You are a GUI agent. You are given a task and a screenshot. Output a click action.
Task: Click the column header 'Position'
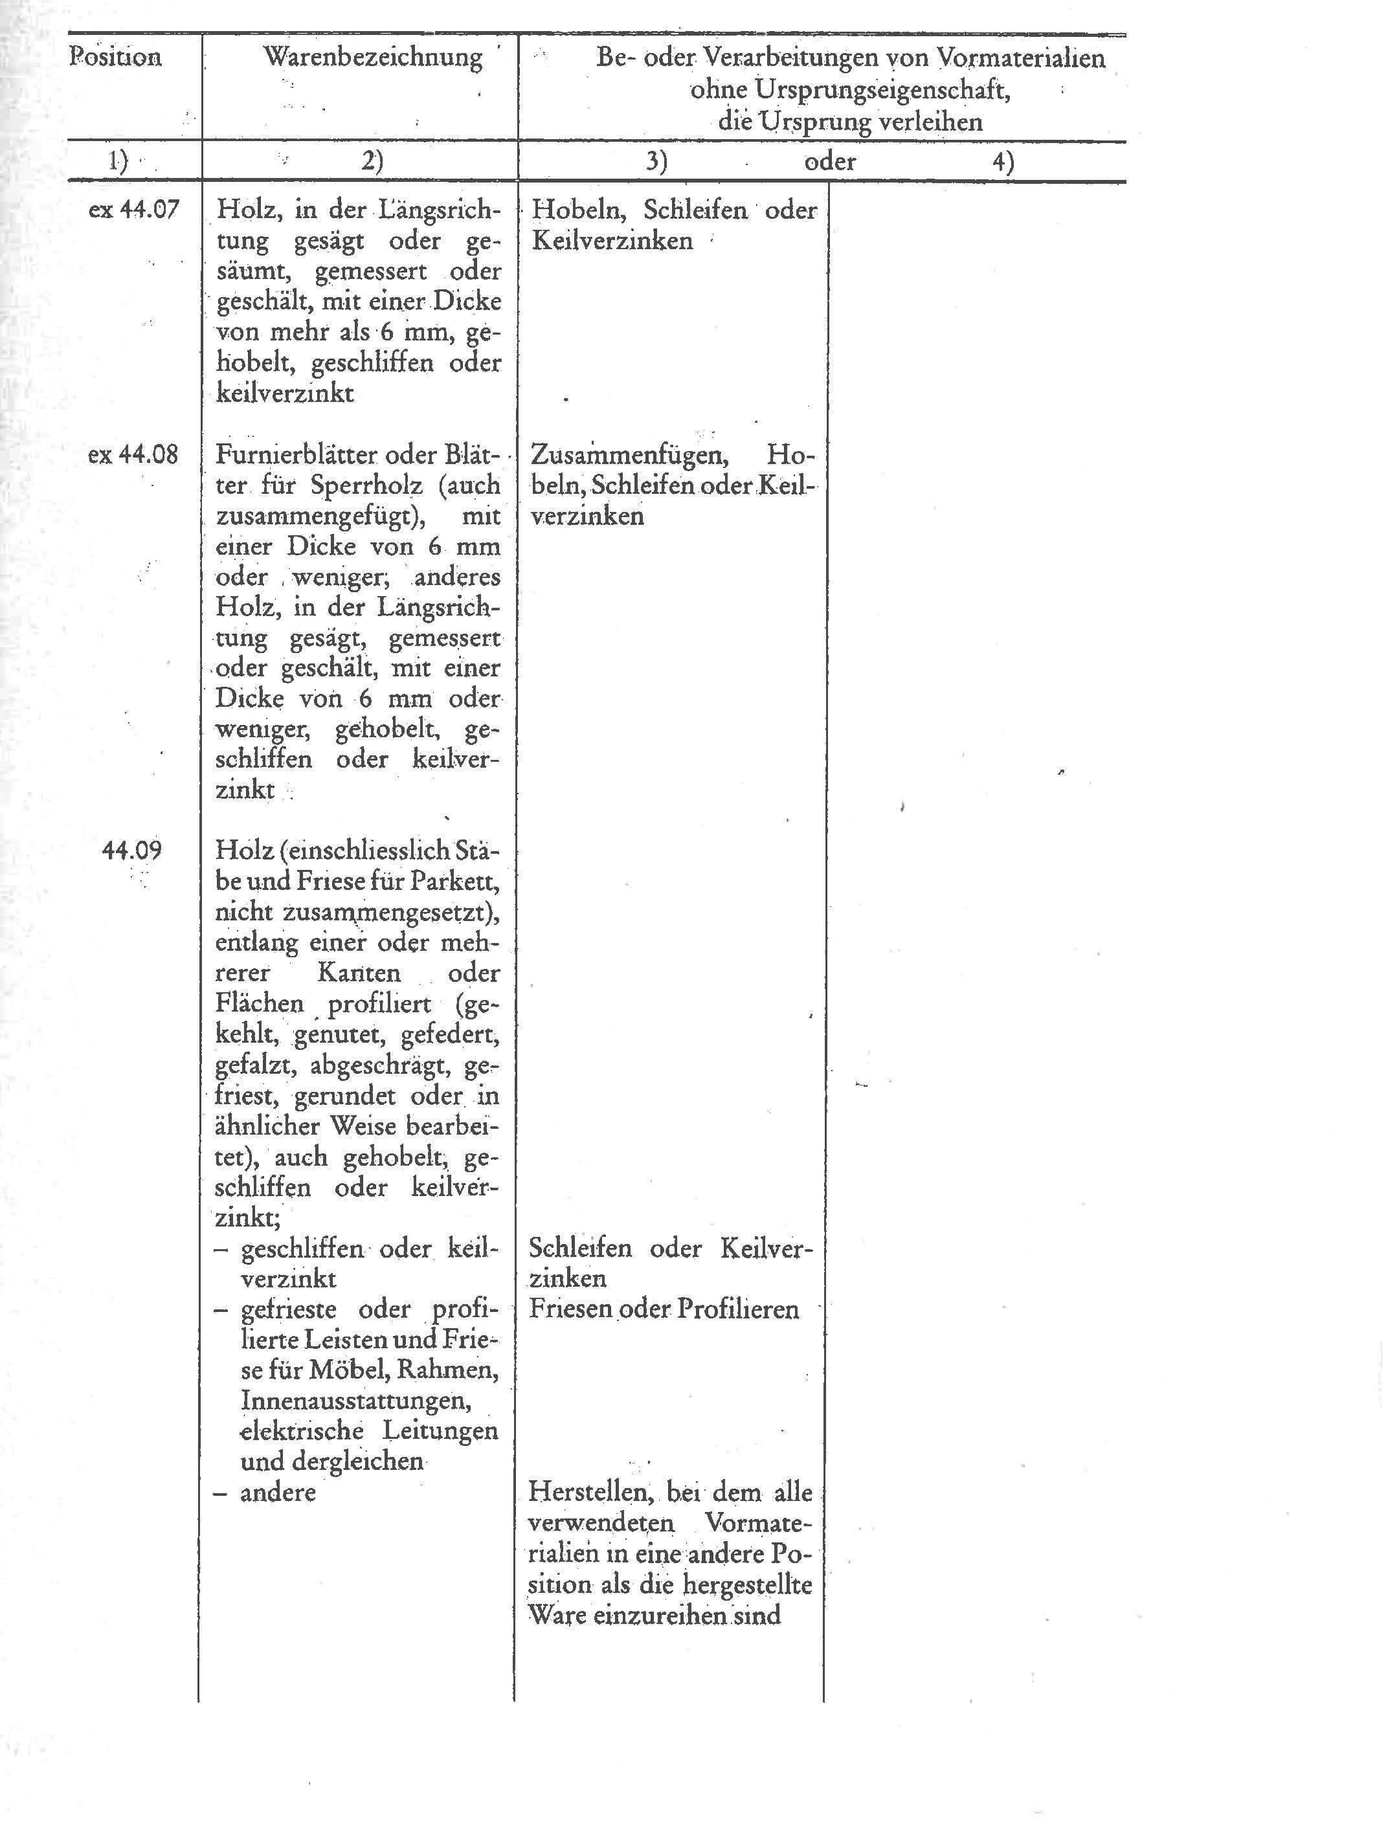click(115, 57)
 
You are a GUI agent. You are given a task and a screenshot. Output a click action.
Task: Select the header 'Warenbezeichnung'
click(372, 57)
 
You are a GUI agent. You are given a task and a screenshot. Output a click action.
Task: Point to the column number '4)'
click(1003, 162)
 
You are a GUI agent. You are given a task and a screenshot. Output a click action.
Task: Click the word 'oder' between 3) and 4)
click(829, 162)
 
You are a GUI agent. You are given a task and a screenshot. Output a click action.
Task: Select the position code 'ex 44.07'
click(133, 209)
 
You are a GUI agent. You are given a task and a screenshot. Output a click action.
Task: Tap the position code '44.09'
click(132, 850)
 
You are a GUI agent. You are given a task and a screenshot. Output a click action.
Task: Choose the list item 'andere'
click(278, 1493)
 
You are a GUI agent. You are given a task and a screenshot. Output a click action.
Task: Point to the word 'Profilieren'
click(738, 1309)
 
